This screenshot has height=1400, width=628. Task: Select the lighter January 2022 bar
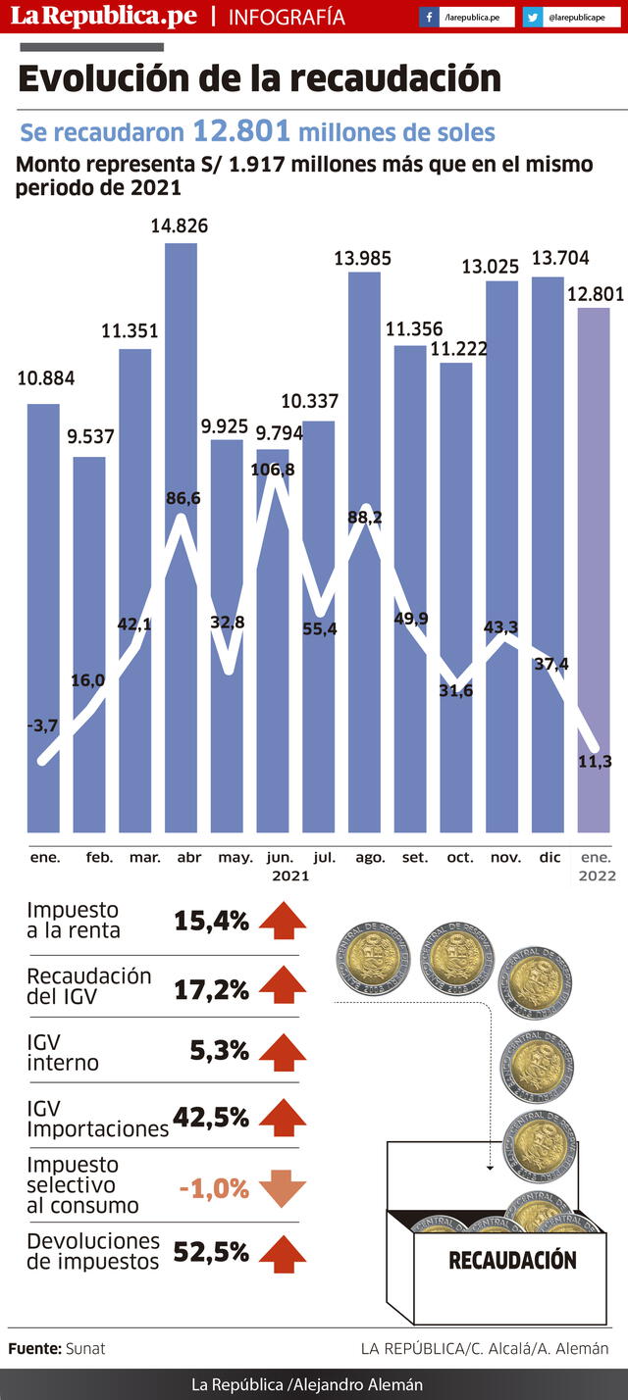click(594, 569)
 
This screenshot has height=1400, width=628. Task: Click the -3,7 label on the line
click(43, 725)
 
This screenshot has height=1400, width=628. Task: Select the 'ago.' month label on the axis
click(370, 857)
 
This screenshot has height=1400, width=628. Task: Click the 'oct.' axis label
click(460, 857)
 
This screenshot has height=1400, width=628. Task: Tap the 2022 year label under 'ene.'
click(597, 875)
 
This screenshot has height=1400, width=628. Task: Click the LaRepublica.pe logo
click(103, 17)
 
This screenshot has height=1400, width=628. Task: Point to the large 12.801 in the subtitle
click(241, 131)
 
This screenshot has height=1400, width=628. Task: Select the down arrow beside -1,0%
click(283, 1187)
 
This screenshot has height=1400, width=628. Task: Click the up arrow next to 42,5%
click(283, 1117)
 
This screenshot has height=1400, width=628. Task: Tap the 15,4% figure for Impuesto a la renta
click(211, 921)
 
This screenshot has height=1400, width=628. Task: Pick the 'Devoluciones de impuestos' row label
click(93, 1251)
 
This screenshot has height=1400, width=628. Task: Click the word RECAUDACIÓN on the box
click(512, 1259)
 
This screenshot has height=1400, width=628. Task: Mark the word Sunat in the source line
click(85, 1349)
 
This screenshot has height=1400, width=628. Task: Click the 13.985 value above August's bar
click(363, 259)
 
